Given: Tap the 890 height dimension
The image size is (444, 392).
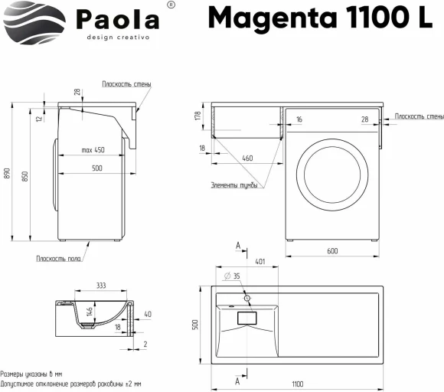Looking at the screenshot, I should click(8, 175).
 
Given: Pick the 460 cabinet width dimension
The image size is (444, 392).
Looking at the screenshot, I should click(246, 158).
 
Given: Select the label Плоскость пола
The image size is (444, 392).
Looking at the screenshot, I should click(58, 258).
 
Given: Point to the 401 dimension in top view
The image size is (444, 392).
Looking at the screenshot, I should click(260, 261).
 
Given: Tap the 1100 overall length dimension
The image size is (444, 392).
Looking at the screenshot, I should click(296, 383).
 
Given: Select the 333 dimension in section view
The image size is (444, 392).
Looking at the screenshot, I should click(100, 285).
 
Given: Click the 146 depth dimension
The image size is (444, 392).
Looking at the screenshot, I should click(88, 310).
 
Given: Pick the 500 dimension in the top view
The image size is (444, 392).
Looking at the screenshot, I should click(195, 325).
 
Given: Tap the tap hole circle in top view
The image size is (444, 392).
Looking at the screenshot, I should click(246, 296).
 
